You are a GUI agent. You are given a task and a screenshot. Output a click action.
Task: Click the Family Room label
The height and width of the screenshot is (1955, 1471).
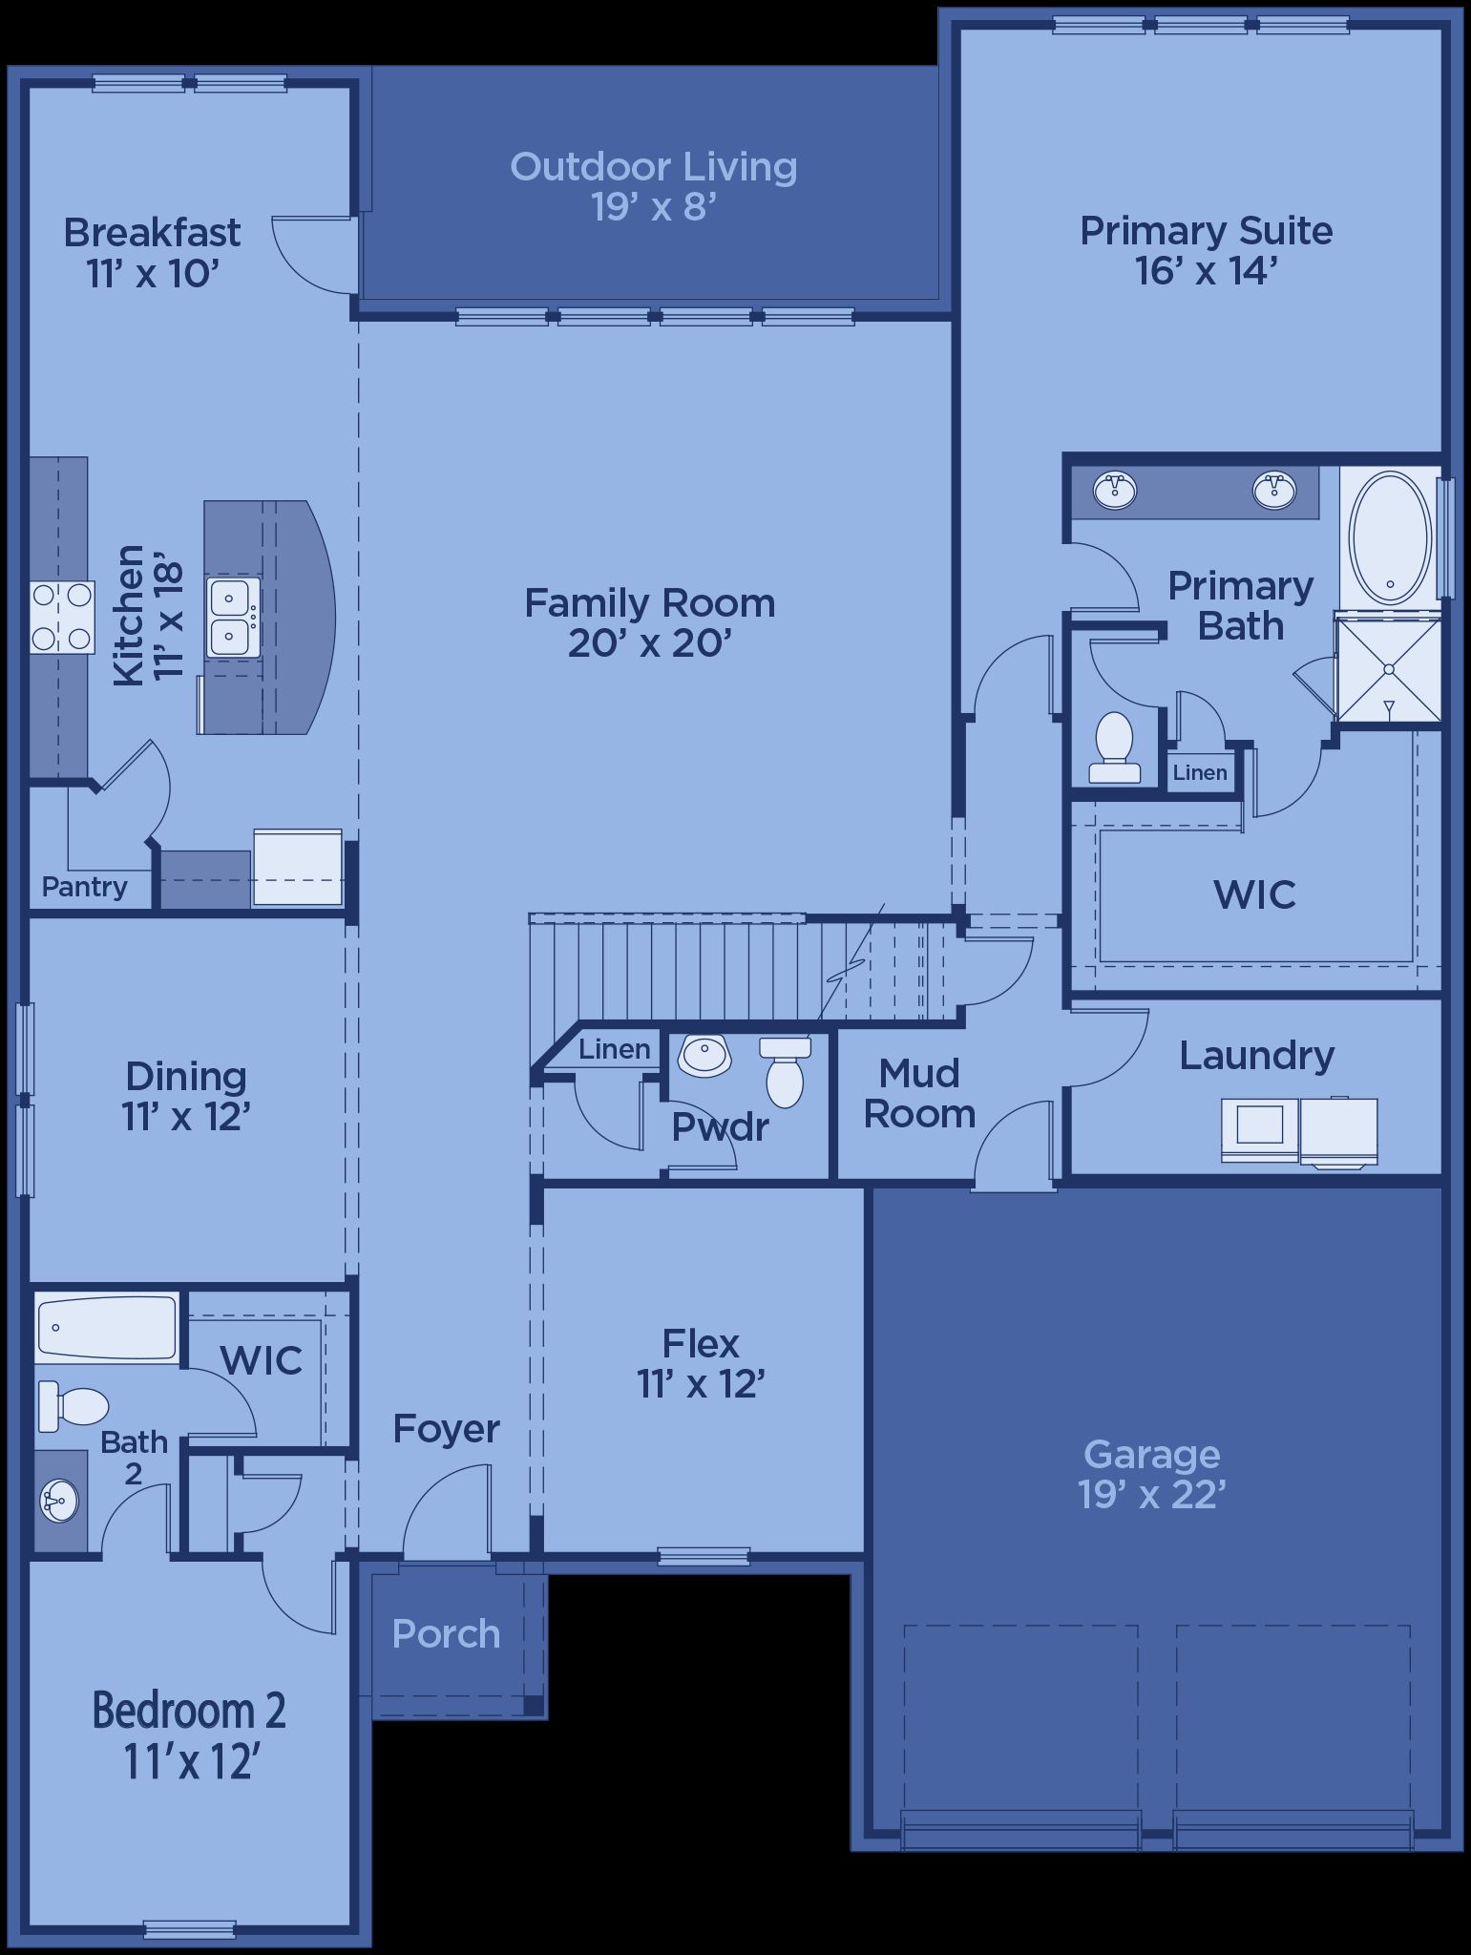tap(650, 603)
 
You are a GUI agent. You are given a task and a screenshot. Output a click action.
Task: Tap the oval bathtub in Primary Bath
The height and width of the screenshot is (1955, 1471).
tap(1390, 537)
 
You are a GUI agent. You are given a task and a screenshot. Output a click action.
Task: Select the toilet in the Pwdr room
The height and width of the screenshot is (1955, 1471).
tap(785, 1072)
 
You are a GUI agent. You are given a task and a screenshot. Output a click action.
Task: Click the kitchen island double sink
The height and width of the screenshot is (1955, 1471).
tap(232, 618)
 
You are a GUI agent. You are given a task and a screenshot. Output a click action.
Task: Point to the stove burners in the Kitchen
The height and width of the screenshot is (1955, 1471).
tap(62, 617)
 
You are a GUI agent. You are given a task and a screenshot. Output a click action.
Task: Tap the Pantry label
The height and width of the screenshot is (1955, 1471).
tap(85, 887)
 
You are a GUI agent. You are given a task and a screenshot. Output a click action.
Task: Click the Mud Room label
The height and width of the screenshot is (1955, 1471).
tap(919, 1094)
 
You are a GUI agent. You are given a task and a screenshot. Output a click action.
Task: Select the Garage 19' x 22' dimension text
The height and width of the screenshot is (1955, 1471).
tap(1152, 1495)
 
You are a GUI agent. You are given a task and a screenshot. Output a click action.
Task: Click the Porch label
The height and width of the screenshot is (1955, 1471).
tap(446, 1634)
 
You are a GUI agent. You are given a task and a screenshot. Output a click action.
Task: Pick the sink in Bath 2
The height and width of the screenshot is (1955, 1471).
tap(59, 1501)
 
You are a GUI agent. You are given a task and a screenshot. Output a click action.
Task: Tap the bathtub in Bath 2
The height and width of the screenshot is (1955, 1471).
tap(107, 1328)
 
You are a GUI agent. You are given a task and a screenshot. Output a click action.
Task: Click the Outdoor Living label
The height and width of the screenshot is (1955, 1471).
tap(654, 167)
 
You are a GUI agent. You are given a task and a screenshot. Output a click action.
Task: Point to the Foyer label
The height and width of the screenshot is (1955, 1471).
tap(447, 1429)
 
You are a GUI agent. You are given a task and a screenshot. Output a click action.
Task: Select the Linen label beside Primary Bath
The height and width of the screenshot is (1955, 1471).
tap(1200, 772)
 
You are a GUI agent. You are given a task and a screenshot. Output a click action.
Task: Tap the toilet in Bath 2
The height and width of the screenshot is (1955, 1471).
tap(73, 1407)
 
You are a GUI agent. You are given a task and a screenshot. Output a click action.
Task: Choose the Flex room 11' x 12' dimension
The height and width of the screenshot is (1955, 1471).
tap(702, 1384)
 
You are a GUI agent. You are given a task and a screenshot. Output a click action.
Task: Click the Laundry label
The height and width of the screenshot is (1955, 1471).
tap(1256, 1056)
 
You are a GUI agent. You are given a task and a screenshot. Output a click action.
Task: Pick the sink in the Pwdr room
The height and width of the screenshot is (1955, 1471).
tap(704, 1056)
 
